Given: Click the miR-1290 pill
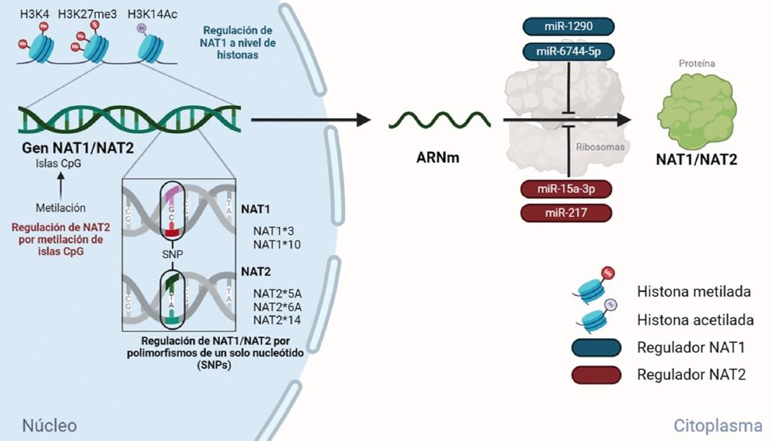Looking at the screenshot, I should click(566, 26).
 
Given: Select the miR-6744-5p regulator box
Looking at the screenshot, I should click(566, 52).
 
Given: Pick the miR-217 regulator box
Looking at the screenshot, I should click(566, 213).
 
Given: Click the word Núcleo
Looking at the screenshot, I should click(49, 425).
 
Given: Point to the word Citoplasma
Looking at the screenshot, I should click(718, 425).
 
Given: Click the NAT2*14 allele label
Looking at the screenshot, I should click(277, 320).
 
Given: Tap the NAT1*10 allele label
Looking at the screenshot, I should click(277, 244).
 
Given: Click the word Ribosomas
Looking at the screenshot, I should click(600, 147).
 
